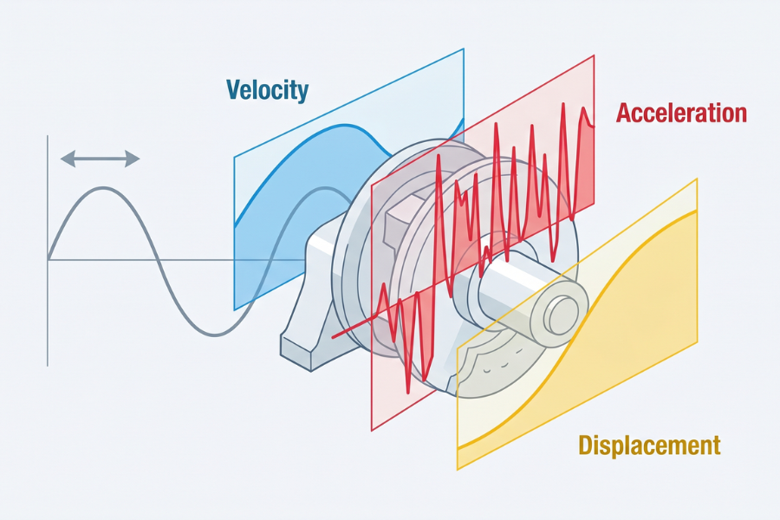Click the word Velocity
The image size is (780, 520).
(x=267, y=89)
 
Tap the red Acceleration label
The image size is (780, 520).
(x=681, y=113)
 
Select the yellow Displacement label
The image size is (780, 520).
(x=649, y=445)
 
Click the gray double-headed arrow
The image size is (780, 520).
(x=100, y=159)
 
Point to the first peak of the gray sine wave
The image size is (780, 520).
(x=102, y=188)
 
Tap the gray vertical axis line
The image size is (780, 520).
(x=48, y=251)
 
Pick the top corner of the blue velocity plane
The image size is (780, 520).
(x=464, y=49)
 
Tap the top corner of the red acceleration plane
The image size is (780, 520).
(x=594, y=56)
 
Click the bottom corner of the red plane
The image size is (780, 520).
(x=372, y=429)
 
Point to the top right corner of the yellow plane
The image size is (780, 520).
(x=697, y=180)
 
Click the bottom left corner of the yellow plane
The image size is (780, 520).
(x=458, y=469)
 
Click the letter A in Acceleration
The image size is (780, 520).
(x=625, y=113)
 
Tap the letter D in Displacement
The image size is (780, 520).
(x=586, y=445)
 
